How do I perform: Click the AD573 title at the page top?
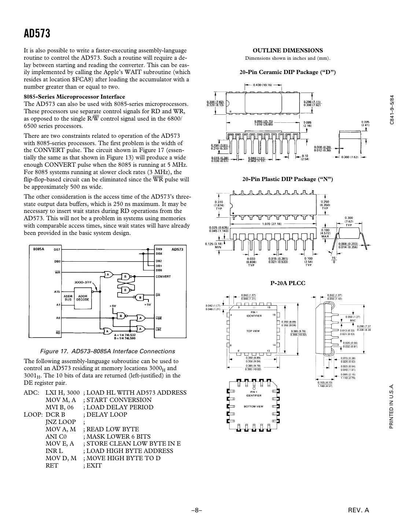click(x=37, y=34)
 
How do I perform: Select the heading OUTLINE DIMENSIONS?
click(x=288, y=51)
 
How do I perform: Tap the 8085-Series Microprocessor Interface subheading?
click(x=74, y=97)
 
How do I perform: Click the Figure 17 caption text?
click(x=107, y=351)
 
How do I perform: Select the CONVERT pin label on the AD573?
click(x=163, y=277)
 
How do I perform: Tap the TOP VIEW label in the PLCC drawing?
click(x=253, y=331)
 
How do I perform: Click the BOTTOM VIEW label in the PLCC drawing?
click(x=253, y=406)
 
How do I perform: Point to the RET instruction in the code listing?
click(x=52, y=466)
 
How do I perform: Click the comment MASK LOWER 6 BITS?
click(x=117, y=436)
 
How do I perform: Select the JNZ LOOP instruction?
click(x=60, y=422)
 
